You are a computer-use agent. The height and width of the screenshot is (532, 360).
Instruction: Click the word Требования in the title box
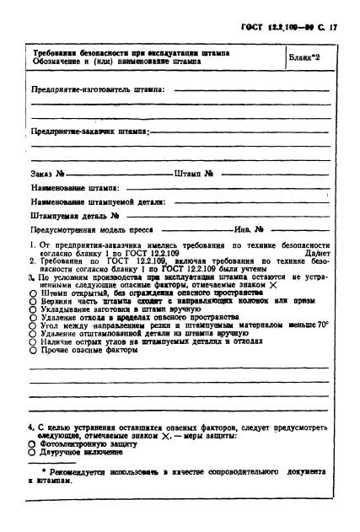(x=55, y=52)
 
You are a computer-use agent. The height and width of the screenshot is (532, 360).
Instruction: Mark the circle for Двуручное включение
(x=32, y=454)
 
